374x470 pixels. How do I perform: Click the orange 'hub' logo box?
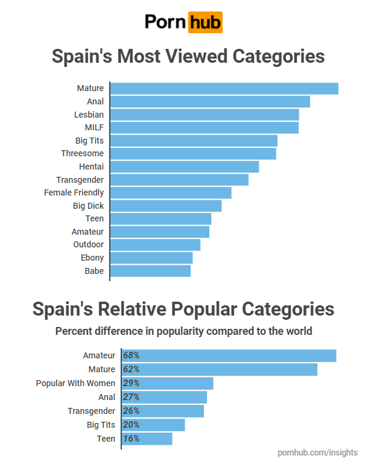click(x=205, y=22)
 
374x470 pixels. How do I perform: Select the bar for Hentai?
click(x=185, y=167)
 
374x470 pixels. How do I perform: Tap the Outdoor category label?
click(x=88, y=244)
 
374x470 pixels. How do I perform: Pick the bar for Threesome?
click(x=193, y=153)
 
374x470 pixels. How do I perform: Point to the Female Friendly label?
click(x=74, y=192)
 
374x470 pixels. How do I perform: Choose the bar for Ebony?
click(x=151, y=258)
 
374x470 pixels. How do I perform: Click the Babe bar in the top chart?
click(x=150, y=271)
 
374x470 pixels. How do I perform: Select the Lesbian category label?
click(x=89, y=115)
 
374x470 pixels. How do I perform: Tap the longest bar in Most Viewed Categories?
click(x=224, y=89)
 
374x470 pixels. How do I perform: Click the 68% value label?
click(x=131, y=355)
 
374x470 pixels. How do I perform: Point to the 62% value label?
click(x=131, y=369)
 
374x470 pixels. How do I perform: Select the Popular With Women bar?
click(x=168, y=383)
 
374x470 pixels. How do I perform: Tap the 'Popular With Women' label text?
click(x=75, y=383)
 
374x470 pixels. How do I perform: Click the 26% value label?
click(x=131, y=411)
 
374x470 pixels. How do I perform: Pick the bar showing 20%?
click(x=153, y=425)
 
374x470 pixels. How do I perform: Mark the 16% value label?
click(x=131, y=439)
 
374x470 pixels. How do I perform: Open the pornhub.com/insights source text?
click(x=317, y=453)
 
